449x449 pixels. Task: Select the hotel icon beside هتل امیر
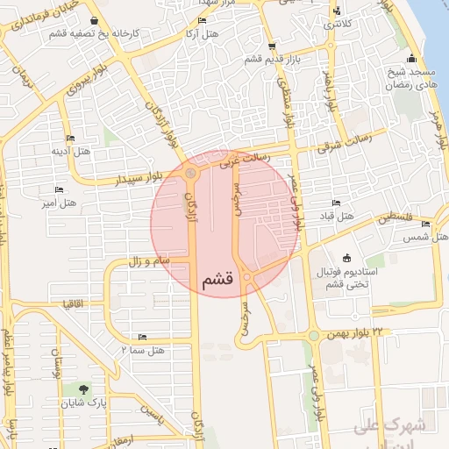60,189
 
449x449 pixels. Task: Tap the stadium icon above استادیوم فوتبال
347,258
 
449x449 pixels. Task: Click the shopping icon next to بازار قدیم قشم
270,46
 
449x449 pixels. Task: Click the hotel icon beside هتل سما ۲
142,337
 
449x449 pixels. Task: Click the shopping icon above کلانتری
337,11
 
